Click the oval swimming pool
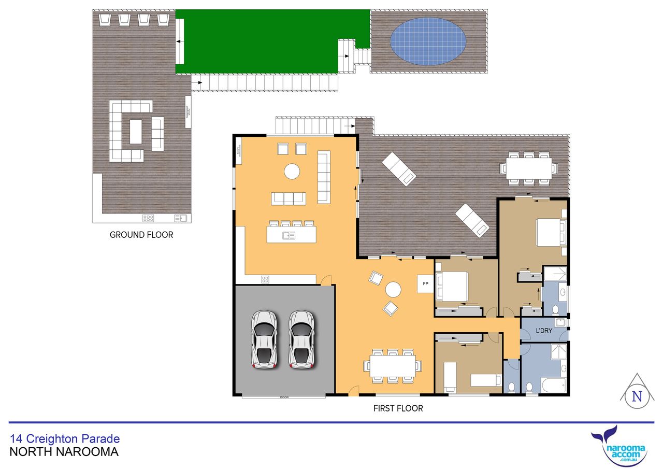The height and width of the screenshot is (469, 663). point(428,41)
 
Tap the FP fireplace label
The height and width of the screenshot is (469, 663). point(425,283)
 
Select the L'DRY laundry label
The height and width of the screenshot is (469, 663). point(544,331)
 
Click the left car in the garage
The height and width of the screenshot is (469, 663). point(264,339)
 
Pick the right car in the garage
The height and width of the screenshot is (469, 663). point(301,339)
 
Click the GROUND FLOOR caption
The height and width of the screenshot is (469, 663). point(141,235)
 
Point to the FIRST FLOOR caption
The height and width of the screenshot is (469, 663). point(398,408)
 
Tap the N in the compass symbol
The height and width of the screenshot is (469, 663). point(637,396)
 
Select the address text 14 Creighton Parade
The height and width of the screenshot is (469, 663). point(65,438)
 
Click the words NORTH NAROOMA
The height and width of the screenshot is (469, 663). point(64,452)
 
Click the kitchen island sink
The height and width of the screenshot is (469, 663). point(289,236)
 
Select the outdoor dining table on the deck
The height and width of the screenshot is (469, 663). point(529,168)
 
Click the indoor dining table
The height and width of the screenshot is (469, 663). point(393,366)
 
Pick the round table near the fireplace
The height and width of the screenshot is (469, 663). point(393,289)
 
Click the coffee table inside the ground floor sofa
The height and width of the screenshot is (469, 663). point(136,132)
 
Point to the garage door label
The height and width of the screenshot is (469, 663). point(284,397)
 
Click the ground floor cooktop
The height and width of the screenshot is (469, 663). point(148,219)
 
